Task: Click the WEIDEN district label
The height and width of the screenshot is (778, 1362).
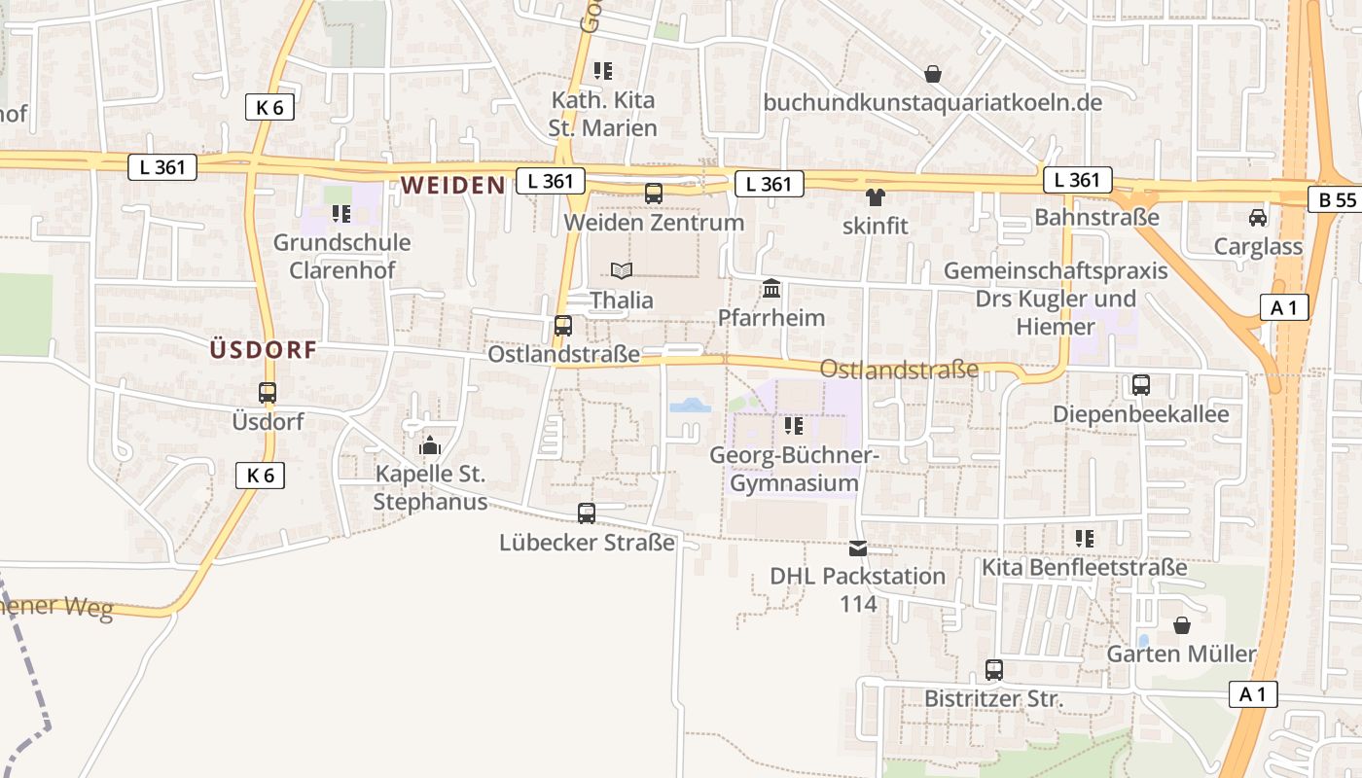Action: (x=452, y=185)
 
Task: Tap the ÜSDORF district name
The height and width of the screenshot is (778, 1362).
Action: (x=264, y=350)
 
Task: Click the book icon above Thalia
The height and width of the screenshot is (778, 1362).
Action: (x=622, y=270)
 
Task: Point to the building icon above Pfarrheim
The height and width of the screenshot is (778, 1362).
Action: (x=771, y=288)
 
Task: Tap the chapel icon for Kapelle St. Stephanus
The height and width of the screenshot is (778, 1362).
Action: (x=430, y=445)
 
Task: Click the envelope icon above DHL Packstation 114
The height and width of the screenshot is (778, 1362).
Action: (x=858, y=548)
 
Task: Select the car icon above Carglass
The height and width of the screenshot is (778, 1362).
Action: (x=1258, y=218)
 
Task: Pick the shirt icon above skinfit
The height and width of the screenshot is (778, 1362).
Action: (x=876, y=197)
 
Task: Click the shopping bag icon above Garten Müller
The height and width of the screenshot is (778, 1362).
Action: (x=1182, y=625)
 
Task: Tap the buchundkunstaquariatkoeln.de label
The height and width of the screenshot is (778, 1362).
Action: (x=932, y=102)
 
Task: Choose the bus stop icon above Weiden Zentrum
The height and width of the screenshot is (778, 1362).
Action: (x=654, y=194)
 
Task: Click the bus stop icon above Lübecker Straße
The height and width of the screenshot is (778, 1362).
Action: (x=587, y=513)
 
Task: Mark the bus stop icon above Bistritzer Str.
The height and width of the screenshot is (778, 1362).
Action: (x=993, y=670)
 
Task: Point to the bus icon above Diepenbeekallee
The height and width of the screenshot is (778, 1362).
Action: (x=1141, y=385)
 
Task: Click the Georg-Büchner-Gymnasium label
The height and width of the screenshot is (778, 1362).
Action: (x=794, y=469)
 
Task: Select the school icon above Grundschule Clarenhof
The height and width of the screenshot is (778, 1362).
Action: (x=340, y=214)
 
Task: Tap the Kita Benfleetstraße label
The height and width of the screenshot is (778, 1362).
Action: (x=1085, y=566)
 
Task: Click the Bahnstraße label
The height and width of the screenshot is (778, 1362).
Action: (x=1096, y=216)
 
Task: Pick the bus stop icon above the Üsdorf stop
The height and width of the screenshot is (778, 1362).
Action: (x=268, y=393)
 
